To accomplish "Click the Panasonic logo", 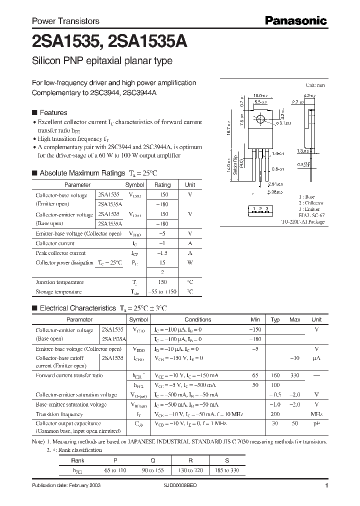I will click(x=295, y=21).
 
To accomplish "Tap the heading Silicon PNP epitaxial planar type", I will click(x=102, y=61).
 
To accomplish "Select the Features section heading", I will click(x=53, y=113).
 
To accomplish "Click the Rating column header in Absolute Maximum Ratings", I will click(x=162, y=184).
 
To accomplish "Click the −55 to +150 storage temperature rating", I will click(x=162, y=291).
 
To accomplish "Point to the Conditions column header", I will click(x=198, y=319).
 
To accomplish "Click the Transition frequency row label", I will click(x=59, y=414).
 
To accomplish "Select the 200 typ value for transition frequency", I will click(x=275, y=414).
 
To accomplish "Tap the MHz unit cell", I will click(x=316, y=414).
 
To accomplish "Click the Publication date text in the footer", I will click(x=62, y=486).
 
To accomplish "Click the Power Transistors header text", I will click(x=65, y=21).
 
